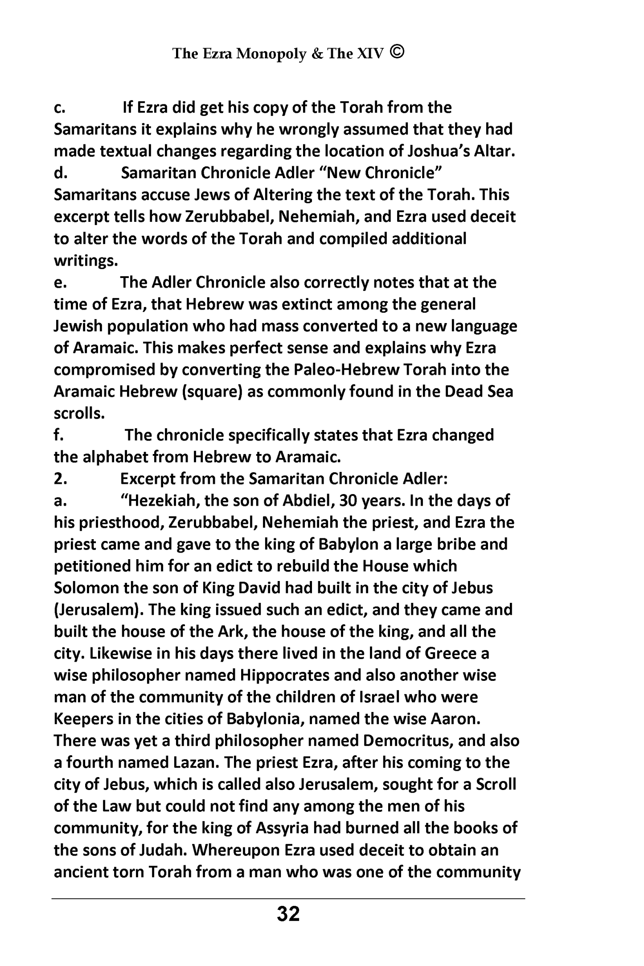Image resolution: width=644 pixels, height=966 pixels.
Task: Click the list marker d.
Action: (60, 173)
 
